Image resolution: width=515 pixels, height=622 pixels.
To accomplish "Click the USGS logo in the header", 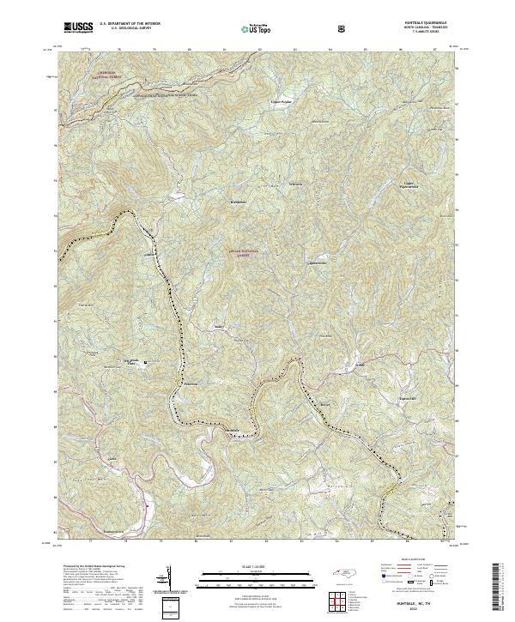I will click(x=78, y=27).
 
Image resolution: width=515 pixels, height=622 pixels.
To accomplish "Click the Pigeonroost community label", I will click(x=317, y=263).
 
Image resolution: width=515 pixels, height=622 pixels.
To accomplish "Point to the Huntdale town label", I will click(x=232, y=429).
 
